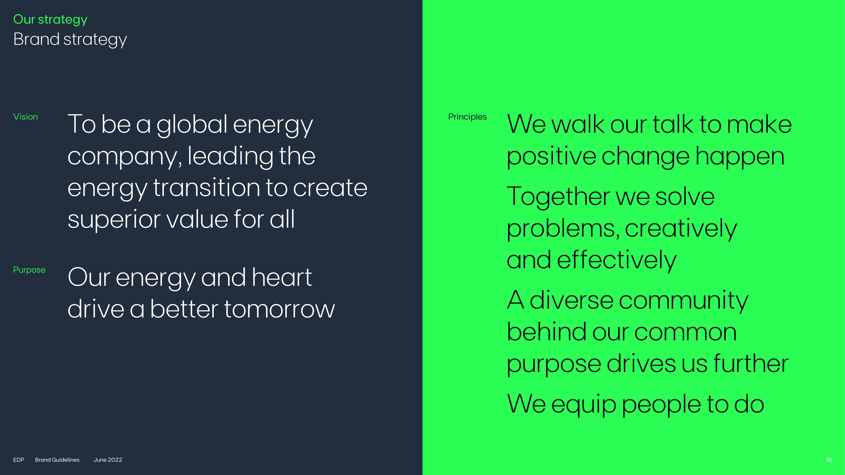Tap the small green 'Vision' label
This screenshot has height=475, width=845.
(26, 117)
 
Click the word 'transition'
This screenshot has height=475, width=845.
(207, 188)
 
